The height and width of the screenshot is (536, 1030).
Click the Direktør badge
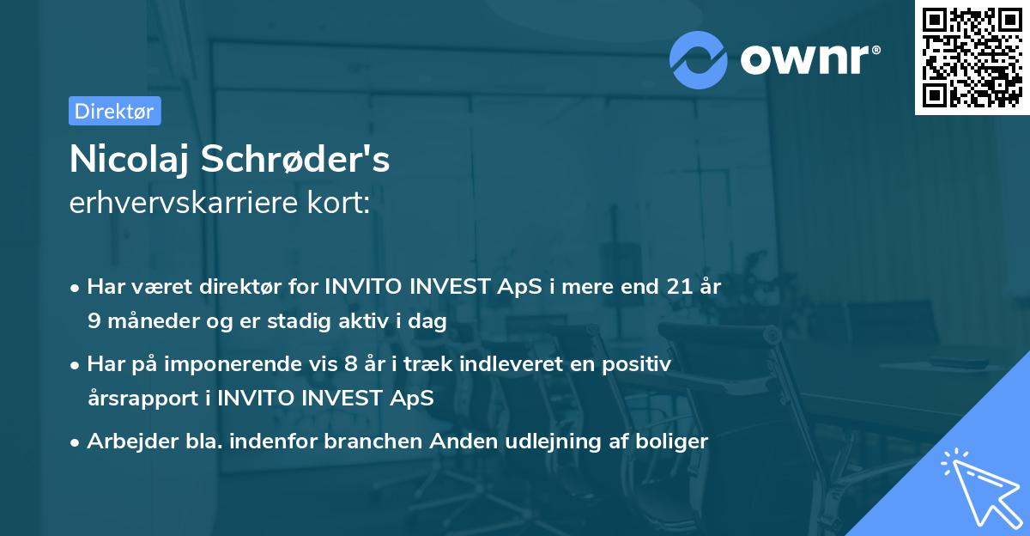114,111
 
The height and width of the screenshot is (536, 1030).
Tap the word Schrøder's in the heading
296,160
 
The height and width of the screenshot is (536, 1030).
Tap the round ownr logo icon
699,60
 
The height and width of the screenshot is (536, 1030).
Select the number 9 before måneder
94,321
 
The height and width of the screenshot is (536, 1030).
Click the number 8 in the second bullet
350,364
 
